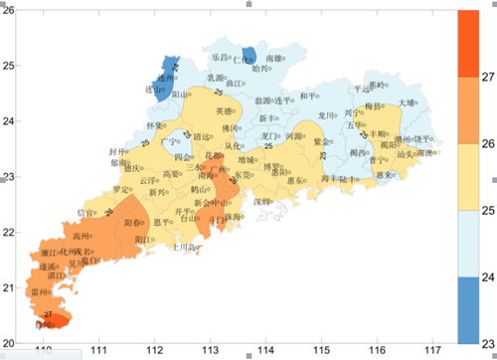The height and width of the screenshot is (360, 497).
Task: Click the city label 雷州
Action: point(40,292)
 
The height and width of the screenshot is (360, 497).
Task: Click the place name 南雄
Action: point(274,60)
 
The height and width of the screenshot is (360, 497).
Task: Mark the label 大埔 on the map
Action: point(408,102)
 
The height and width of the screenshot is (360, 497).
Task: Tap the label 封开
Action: point(116,151)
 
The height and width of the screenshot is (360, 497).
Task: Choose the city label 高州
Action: point(81,236)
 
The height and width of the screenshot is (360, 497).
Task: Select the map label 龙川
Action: point(326,116)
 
